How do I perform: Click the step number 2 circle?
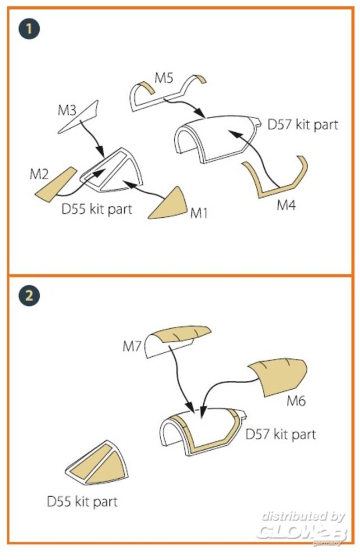point(29,296)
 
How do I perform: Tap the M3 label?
point(67,110)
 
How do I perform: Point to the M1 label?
point(199,213)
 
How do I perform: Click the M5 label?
point(165,78)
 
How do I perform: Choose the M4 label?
point(286,206)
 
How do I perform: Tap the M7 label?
point(133,347)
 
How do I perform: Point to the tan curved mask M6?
point(277,377)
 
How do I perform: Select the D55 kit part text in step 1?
point(97,209)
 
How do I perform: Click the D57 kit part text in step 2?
point(280,434)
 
